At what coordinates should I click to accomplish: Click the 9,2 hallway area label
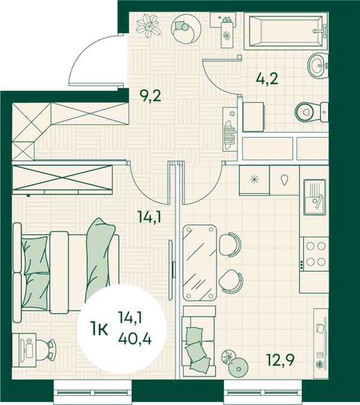[150, 96]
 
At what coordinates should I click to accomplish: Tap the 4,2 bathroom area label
[267, 79]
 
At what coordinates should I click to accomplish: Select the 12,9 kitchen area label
[281, 360]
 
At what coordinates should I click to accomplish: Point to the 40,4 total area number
[135, 338]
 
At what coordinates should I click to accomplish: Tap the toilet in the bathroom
[312, 112]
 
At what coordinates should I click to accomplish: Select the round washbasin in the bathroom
[318, 65]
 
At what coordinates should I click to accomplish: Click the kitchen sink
[314, 197]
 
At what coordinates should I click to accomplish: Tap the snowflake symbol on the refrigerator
[254, 179]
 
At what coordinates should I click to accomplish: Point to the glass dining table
[200, 263]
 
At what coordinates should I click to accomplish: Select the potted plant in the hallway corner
[148, 26]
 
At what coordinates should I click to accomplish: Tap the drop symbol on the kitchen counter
[284, 180]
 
